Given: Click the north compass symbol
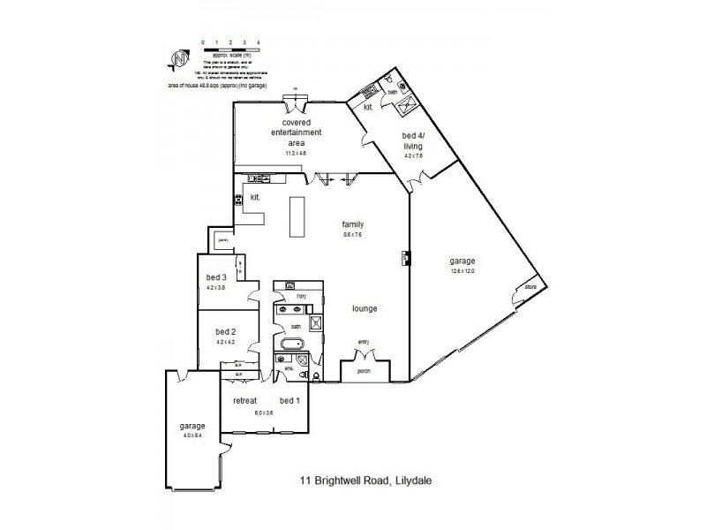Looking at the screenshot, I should coord(178,58).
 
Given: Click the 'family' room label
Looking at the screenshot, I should coord(353,224).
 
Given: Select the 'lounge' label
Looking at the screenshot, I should coord(364,308).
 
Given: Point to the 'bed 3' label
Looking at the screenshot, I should coord(216,278).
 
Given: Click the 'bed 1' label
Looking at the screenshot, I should coord(289,401).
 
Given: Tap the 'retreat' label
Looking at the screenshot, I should coord(244,401).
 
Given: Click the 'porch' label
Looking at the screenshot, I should coord(363,372).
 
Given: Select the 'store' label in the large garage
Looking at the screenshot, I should coord(531,287).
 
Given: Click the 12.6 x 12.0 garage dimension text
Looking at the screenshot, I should coord(463,271).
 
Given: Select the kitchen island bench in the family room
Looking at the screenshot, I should coord(297,216).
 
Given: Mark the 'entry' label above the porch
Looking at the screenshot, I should coord(363,343).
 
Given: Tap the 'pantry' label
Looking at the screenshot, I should coord(223,239).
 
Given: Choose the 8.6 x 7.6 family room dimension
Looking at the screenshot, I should coord(353,235).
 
